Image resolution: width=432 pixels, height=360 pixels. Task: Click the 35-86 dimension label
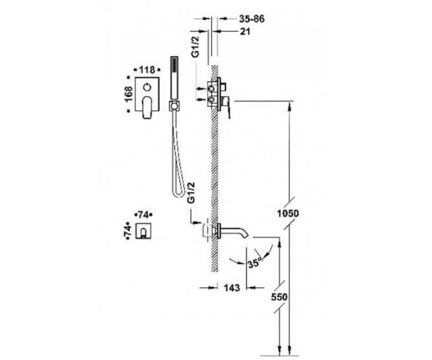251,19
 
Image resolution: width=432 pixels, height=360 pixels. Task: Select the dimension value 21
245,32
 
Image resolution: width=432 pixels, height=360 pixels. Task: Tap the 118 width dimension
147,70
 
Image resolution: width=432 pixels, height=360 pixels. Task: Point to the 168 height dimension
128,94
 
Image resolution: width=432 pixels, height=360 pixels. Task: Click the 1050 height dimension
287,213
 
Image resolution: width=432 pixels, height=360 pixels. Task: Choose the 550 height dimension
279,297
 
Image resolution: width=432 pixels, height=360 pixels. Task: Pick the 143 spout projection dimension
232,288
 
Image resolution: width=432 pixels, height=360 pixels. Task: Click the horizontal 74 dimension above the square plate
143,214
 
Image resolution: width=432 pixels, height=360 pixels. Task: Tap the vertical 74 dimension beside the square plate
128,230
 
